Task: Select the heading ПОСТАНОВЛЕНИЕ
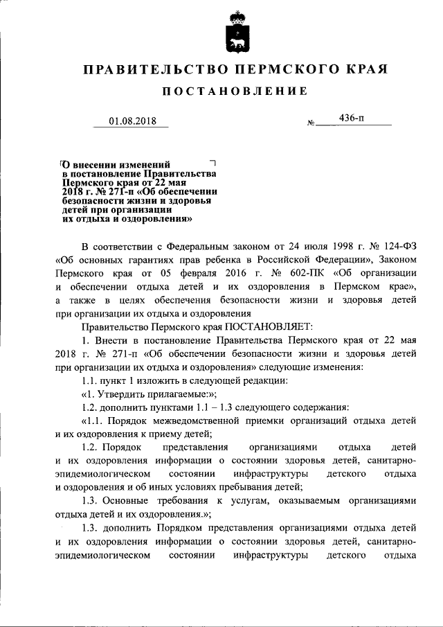(234, 91)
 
